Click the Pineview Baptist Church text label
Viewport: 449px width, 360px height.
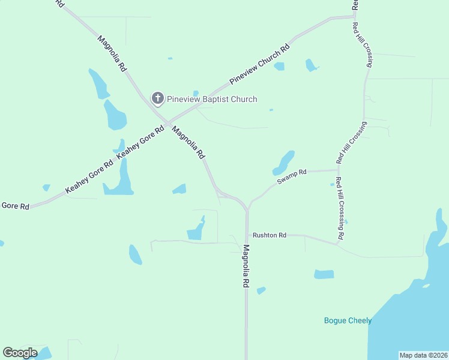pos(212,99)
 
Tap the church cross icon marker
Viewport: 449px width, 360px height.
pos(157,98)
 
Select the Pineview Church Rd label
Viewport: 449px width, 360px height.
pos(259,64)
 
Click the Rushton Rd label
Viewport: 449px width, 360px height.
pos(270,235)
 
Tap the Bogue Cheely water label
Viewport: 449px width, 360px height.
pos(348,320)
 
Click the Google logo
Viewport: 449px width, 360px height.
pos(20,353)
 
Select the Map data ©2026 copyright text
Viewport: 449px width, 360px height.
pos(423,355)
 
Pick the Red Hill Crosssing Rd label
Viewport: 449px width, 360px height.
pos(340,209)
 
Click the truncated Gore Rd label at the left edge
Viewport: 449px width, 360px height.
pos(15,206)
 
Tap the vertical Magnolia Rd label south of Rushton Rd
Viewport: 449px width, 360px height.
pos(246,267)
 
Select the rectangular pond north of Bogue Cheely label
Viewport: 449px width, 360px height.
pos(324,274)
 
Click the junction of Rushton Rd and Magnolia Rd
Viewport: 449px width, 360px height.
pos(246,235)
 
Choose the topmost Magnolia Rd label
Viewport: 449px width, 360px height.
pos(112,53)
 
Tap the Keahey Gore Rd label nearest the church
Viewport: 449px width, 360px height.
pos(140,142)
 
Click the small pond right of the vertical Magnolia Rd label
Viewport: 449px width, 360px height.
pos(261,290)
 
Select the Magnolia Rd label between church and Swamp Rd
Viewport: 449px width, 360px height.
pos(188,142)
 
